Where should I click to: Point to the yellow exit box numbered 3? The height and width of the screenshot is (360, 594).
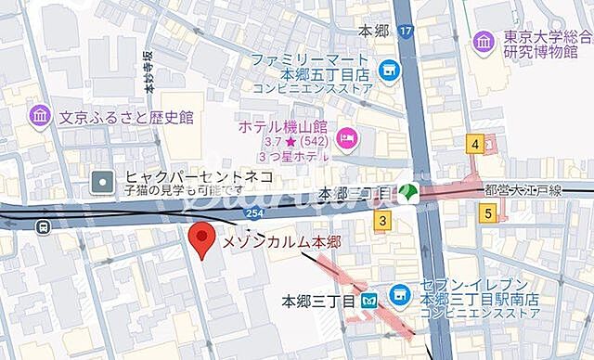pos(381,220)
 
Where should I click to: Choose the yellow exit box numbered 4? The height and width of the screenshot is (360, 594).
pos(475,144)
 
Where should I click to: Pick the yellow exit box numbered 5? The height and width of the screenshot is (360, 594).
pos(488,212)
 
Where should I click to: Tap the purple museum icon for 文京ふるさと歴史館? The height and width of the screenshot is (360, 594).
pos(40,116)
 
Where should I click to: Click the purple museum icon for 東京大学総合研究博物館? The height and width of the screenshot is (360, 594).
pos(484,40)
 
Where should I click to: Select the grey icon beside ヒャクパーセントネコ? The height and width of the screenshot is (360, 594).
pos(105,181)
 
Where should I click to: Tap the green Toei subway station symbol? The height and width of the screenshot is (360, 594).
pos(407,192)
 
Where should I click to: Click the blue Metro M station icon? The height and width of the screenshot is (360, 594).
pos(368,301)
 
